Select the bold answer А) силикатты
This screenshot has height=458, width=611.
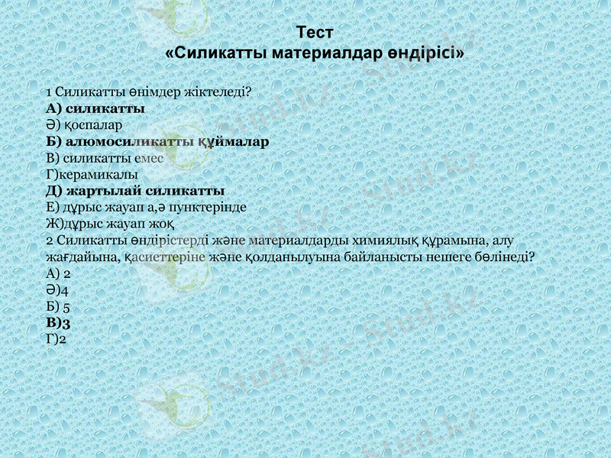95,108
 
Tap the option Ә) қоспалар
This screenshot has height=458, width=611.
85,124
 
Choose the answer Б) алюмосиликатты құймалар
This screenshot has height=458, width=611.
157,141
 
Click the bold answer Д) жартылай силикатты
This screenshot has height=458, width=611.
134,190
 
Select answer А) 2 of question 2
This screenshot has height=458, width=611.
59,273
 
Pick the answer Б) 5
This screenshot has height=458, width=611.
59,307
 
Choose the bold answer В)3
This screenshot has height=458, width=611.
59,323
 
